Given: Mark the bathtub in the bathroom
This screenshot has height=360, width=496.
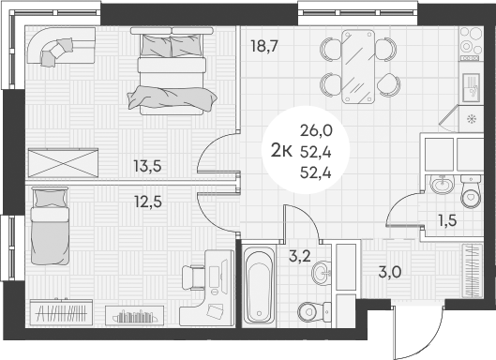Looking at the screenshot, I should click(x=257, y=285).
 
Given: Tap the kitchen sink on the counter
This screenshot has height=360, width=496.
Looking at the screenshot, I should click(x=470, y=90).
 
